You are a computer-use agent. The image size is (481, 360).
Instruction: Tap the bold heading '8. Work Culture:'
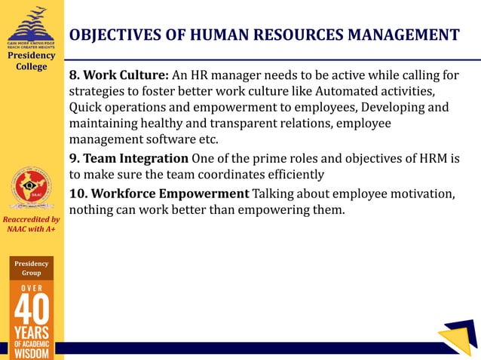119,76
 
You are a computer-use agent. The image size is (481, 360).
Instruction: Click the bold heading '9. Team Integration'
128,158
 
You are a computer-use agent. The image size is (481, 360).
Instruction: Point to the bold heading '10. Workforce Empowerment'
159,194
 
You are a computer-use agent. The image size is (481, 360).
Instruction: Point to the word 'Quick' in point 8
87,108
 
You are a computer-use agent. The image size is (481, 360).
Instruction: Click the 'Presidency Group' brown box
32,268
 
